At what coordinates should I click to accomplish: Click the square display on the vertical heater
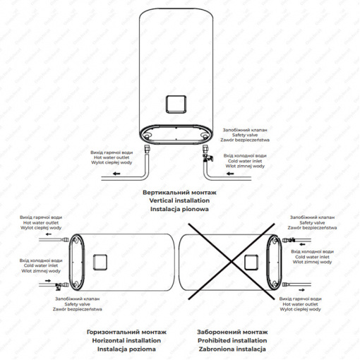176,104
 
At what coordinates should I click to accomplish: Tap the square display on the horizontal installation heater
100,262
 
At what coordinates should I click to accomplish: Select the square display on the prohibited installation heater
251,262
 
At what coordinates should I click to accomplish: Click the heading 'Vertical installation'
179,200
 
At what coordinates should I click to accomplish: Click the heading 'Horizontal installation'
126,340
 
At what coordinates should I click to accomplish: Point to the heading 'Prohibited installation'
232,340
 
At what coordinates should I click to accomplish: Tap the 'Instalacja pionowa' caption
179,209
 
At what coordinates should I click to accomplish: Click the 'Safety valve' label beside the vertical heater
245,135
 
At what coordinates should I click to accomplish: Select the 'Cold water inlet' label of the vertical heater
245,161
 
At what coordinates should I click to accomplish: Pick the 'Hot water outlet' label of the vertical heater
112,157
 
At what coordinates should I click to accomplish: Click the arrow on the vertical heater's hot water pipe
116,174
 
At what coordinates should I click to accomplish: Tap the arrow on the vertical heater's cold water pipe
230,174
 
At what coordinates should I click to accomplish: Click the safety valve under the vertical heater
208,157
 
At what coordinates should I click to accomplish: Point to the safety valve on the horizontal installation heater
59,286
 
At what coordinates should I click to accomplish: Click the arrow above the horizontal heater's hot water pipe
49,234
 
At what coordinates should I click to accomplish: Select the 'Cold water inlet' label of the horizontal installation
41,265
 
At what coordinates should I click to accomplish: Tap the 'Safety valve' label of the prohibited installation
312,222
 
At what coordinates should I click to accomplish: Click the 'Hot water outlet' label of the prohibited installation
300,304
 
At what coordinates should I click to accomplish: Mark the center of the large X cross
232,261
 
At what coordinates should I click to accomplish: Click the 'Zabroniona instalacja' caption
232,349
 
